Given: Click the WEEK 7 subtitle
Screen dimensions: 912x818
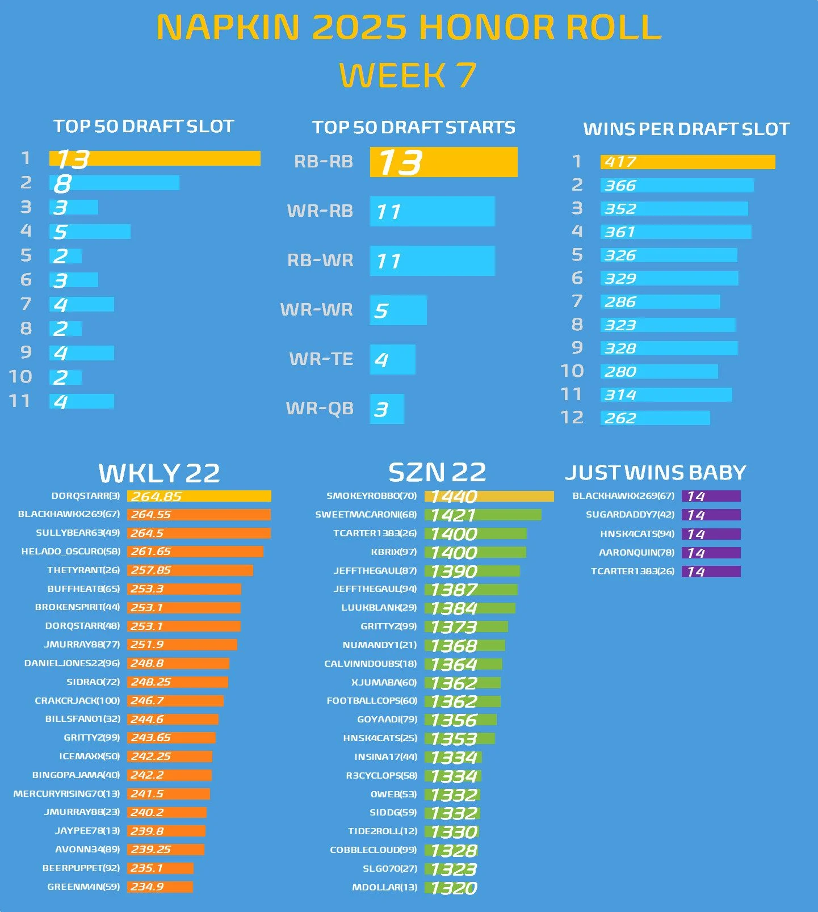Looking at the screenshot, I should coord(408,75).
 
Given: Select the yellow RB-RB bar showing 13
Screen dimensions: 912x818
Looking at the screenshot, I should coord(443,162).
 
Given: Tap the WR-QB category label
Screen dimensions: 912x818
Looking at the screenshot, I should coord(320,409).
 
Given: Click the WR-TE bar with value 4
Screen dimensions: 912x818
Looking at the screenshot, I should coord(392,359).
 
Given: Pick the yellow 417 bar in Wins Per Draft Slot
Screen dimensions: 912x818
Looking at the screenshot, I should coord(687,162).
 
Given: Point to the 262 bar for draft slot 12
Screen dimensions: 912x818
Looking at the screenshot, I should coord(655,418).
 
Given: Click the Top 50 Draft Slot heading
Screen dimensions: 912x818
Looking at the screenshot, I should coord(144,126).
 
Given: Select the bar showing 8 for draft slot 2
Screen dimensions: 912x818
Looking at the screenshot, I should coord(114,183).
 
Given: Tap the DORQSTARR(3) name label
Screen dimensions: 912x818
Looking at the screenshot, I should coord(86,496).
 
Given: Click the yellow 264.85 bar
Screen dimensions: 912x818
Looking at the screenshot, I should coord(199,497).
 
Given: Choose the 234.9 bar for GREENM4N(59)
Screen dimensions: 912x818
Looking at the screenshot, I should coord(160,887).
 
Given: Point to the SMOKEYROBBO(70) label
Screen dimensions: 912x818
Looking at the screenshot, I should coord(371,496).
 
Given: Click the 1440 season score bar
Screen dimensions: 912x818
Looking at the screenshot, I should coord(489,497).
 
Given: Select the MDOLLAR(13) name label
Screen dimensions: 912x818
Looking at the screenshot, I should coord(384,888).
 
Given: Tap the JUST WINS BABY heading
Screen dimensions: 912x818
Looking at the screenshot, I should coord(655,473).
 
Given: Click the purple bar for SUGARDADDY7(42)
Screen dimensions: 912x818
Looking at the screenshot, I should coord(711,515).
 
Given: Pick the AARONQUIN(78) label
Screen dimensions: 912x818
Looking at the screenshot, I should coord(636,553).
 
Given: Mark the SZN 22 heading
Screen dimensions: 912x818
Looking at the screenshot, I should coord(437,472).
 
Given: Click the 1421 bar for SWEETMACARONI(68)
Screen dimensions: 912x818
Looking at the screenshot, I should coord(483,515).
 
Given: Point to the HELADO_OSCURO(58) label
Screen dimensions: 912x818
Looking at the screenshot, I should coord(71,552).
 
